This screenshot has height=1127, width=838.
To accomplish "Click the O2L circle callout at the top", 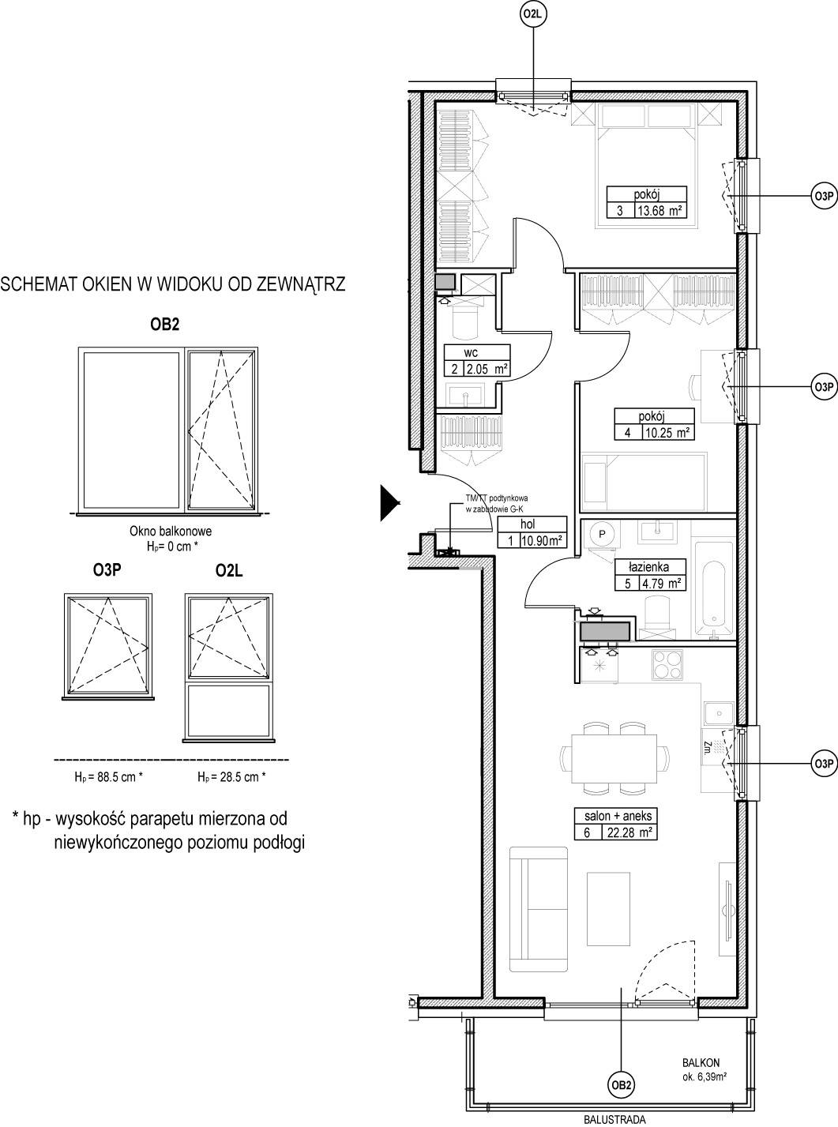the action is [x=533, y=15].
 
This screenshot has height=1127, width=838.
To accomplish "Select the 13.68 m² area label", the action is [x=660, y=210].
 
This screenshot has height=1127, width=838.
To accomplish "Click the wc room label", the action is [x=471, y=352].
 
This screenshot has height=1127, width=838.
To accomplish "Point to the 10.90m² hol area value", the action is [x=542, y=540].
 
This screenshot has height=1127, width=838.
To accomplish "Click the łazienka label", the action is [x=649, y=566].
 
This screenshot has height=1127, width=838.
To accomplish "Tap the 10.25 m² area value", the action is [x=667, y=433].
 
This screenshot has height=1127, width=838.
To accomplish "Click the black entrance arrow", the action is [x=390, y=503].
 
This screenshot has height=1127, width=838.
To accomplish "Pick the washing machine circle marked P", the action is [x=603, y=534].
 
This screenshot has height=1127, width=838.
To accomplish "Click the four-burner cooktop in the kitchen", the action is [x=667, y=665].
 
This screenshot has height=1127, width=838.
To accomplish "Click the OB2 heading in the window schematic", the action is [x=164, y=325].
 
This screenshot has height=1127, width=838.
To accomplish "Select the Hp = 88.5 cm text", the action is [x=108, y=777].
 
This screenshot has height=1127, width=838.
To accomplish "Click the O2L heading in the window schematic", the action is [x=229, y=571].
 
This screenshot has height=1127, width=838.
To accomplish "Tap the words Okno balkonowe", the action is [x=171, y=532].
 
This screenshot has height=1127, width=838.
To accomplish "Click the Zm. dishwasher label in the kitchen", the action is [x=707, y=747].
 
